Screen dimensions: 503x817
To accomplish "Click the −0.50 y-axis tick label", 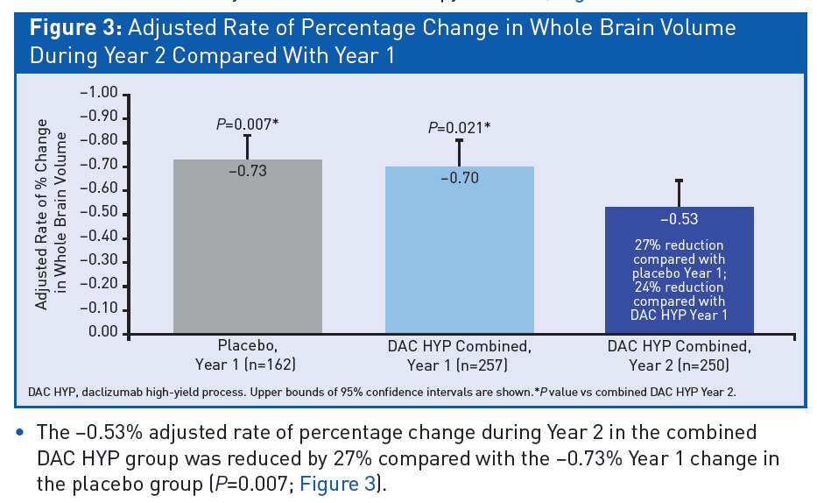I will (x=98, y=214).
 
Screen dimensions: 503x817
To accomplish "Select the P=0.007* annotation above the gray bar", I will (x=247, y=124).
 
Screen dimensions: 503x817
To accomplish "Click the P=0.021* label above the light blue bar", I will (x=459, y=128).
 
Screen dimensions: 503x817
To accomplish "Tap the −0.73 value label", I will (x=247, y=171).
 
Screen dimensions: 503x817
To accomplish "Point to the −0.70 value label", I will (x=459, y=178).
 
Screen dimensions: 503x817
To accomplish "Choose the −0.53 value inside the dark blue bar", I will (x=679, y=219).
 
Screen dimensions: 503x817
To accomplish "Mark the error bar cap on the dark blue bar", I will (x=679, y=180).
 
